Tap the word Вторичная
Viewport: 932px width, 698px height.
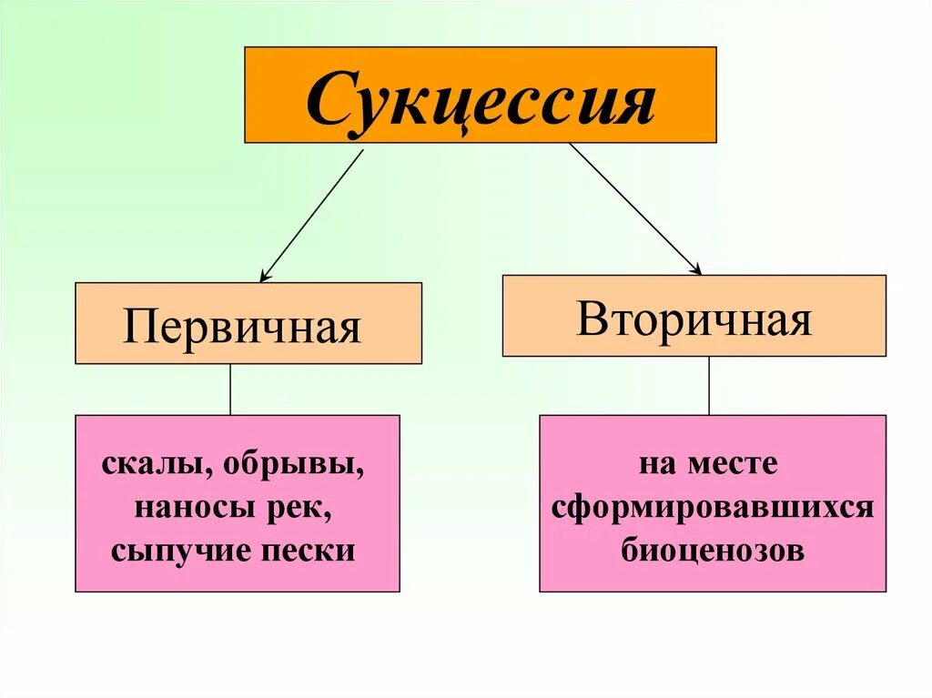[694, 319]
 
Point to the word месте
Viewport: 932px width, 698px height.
[735, 465]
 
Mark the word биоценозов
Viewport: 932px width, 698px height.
[714, 550]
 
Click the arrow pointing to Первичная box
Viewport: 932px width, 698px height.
[311, 215]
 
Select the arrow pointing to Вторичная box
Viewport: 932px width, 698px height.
[634, 208]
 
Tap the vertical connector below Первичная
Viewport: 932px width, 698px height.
[230, 389]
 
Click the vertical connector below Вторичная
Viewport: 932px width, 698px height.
[709, 385]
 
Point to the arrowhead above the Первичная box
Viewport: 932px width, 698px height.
[265, 275]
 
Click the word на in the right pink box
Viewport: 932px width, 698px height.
[653, 465]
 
